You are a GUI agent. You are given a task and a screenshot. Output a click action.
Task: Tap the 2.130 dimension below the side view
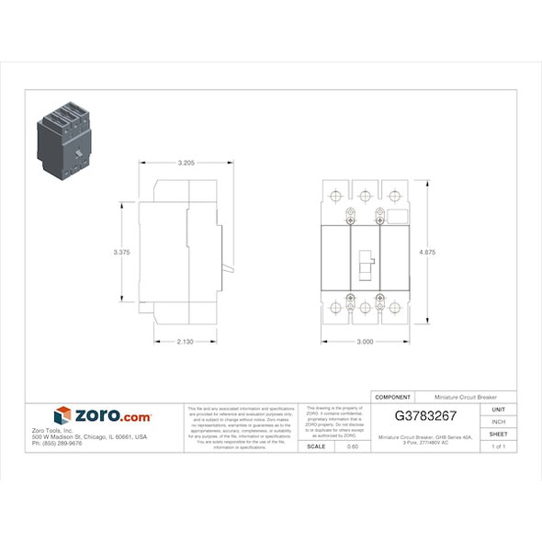tap(185, 342)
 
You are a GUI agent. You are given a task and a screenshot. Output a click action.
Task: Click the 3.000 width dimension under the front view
tap(365, 342)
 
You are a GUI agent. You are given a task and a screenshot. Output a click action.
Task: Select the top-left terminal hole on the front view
tap(335, 196)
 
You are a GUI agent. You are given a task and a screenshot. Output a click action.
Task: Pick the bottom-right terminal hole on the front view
tap(395, 307)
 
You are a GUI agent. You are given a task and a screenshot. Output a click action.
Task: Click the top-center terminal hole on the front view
tap(365, 196)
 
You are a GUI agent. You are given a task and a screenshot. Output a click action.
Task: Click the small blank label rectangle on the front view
tap(397, 217)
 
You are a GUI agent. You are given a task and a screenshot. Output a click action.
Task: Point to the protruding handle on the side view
tap(227, 268)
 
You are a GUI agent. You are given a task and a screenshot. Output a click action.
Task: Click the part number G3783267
tap(425, 415)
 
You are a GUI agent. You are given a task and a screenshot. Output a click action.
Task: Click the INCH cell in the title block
tap(499, 421)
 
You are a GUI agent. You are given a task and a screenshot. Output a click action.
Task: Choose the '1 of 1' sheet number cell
tap(499, 446)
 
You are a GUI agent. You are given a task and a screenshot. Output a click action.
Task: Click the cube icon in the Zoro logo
tap(62, 416)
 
